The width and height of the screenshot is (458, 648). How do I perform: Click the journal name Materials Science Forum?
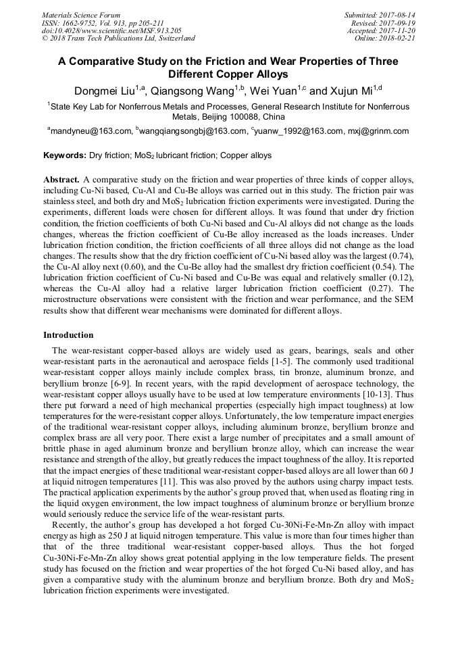point(81,15)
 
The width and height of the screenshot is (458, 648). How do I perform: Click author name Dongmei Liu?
point(105,91)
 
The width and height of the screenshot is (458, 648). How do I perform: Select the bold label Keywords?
point(65,155)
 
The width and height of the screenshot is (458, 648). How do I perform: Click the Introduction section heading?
point(68,335)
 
